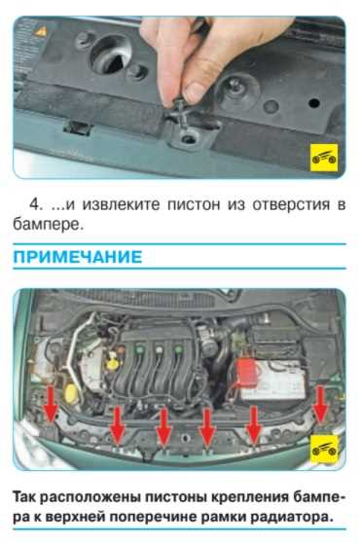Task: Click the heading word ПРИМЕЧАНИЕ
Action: (77, 257)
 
